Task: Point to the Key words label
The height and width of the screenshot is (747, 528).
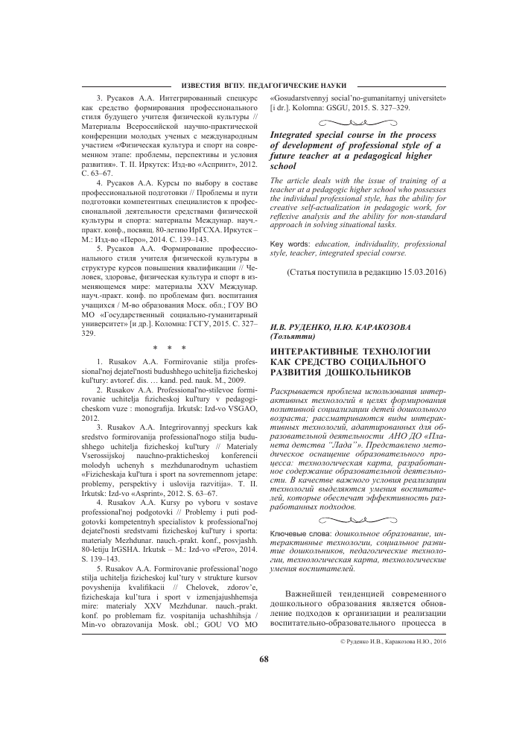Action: click(x=290, y=223)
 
